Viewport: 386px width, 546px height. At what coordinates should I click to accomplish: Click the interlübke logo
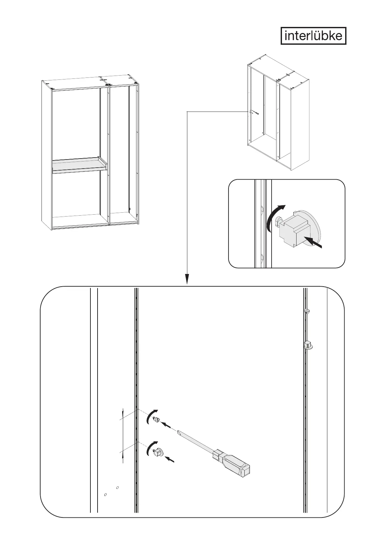[x=313, y=36]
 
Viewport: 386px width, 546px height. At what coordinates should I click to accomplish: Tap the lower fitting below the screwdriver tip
[x=158, y=452]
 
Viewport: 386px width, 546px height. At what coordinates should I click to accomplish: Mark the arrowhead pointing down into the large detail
[x=187, y=279]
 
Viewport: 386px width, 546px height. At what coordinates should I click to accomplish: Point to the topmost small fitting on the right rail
[x=307, y=311]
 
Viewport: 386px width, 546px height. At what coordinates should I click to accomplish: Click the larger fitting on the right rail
[x=308, y=345]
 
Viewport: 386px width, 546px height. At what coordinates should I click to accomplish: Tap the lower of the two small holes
[x=105, y=504]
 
